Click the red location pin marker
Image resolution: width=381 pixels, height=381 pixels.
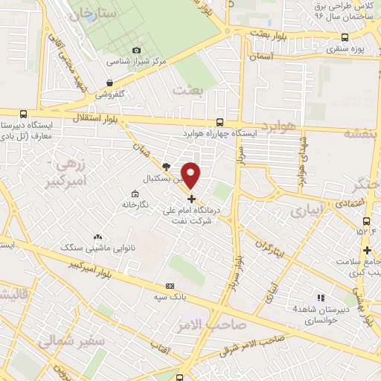pos(191,174)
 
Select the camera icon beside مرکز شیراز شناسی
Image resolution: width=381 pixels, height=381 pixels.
pos(136,50)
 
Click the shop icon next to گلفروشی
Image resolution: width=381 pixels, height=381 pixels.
pos(110,83)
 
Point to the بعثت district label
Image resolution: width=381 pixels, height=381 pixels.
pos(187,90)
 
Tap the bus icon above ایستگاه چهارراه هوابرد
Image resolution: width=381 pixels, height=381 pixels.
pos(219,122)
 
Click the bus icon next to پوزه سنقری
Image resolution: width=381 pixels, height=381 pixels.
pos(345,37)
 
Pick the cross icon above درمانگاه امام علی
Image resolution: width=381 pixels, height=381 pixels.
pos(192,199)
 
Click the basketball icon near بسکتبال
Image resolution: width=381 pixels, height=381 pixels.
pos(166,167)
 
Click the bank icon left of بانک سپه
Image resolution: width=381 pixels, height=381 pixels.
pos(170,285)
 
